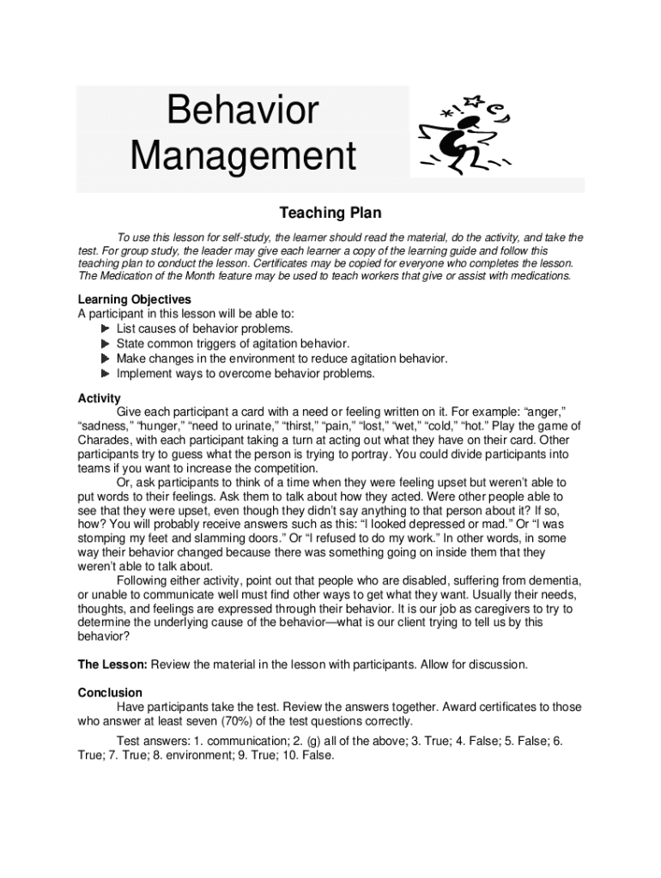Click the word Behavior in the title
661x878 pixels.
242,111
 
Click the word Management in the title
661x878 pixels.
242,157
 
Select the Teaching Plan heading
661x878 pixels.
330,213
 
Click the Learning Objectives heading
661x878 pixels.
135,299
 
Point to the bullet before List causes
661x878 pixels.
105,329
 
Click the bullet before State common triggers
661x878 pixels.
105,344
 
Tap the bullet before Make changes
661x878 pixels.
105,359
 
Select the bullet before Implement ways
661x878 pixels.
105,374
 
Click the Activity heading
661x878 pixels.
100,399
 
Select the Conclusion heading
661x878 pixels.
110,692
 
